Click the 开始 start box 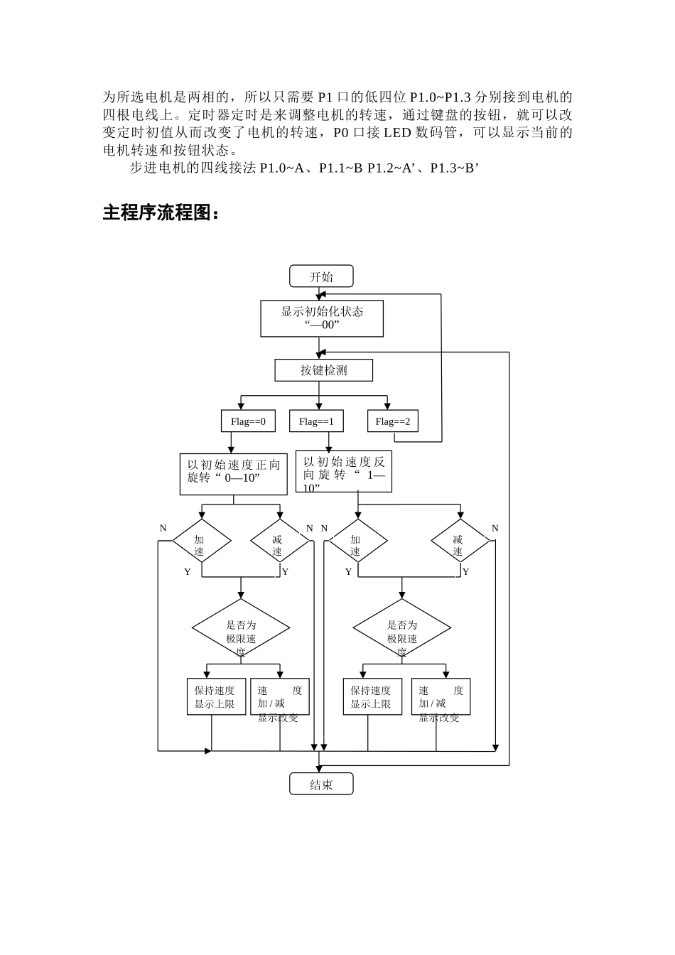coord(321,276)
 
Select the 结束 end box coord(321,784)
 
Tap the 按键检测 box coord(323,370)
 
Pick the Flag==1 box coord(316,421)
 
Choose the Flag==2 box coord(393,421)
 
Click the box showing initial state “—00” coord(322,318)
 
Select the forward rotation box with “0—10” coord(233,474)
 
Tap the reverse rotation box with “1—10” coord(343,472)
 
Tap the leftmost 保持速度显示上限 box coord(215,697)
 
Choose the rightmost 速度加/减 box coord(441,697)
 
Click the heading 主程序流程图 coord(161,212)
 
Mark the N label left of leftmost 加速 coord(163,529)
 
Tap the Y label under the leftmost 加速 coord(188,572)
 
